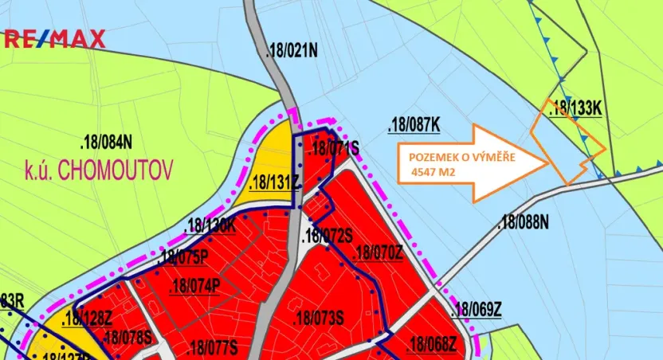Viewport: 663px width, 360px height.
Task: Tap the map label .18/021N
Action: point(292,53)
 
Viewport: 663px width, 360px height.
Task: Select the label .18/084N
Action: point(106,143)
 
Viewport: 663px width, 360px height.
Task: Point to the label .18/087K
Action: point(414,125)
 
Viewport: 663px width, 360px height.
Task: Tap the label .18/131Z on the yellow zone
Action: point(273,182)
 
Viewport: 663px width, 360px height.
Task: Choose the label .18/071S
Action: point(335,147)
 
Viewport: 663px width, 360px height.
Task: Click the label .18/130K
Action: point(210,225)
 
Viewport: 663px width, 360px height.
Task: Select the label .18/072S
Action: point(328,236)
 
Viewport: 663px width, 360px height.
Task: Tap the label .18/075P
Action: point(183,257)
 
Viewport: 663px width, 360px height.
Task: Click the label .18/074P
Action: point(194,287)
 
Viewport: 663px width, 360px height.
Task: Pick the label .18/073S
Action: point(318,319)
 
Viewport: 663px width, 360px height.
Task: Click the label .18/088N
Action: point(524,223)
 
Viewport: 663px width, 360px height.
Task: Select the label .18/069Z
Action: point(476,311)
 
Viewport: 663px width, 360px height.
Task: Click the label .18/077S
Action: point(212,348)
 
